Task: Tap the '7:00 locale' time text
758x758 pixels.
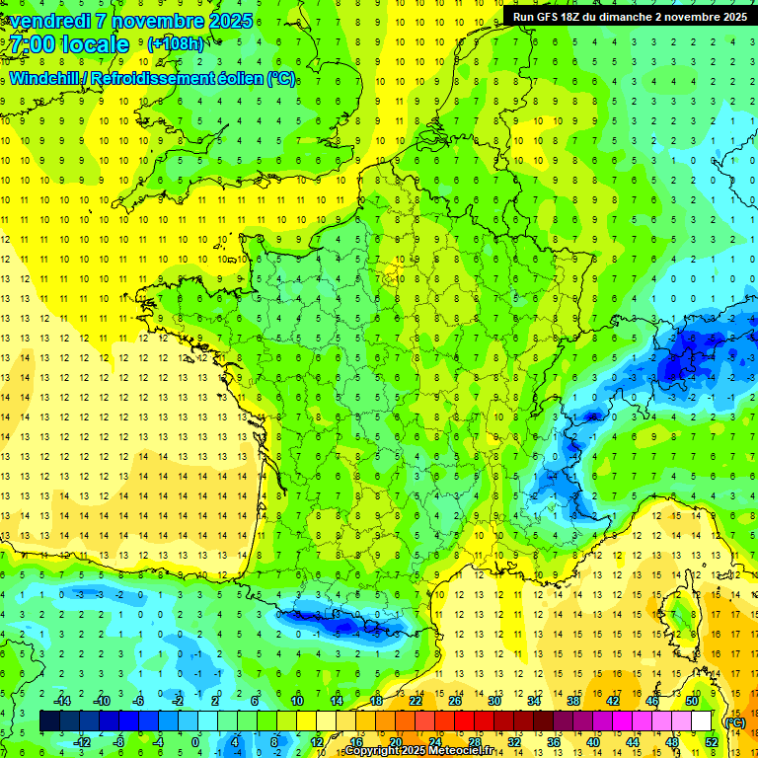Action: point(70,44)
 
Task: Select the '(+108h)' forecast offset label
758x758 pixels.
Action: point(175,44)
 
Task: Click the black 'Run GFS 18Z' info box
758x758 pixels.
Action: point(626,16)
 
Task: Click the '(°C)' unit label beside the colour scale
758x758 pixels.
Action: point(733,721)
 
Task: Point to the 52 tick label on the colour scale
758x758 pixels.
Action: point(712,741)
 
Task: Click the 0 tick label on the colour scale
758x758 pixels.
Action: point(195,741)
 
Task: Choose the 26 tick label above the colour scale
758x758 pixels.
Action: point(455,700)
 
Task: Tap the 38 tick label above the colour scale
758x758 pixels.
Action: point(573,700)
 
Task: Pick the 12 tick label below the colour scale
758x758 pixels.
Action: point(317,741)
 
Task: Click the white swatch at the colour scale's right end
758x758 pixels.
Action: point(702,720)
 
